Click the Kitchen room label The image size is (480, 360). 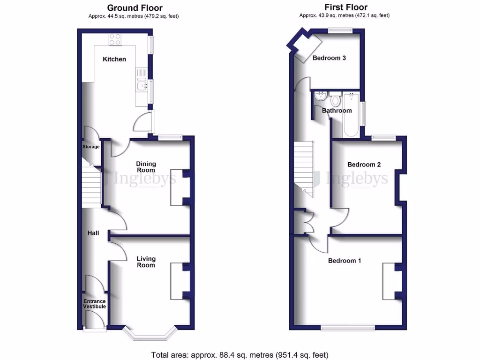click(114, 59)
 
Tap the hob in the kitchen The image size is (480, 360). click(115, 40)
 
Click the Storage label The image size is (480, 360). click(91, 147)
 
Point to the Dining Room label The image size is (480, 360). click(146, 167)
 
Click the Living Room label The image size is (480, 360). click(146, 262)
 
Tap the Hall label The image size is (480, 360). click(93, 233)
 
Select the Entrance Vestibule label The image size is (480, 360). click(95, 304)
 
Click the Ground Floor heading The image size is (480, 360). click(135, 7)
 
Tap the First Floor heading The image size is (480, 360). click(345, 7)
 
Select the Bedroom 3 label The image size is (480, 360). click(329, 58)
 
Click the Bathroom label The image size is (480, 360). click(337, 111)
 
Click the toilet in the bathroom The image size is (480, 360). click(335, 100)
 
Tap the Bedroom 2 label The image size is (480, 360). click(364, 165)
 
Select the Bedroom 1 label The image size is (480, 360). click(344, 261)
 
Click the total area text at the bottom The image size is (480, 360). click(240, 354)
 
